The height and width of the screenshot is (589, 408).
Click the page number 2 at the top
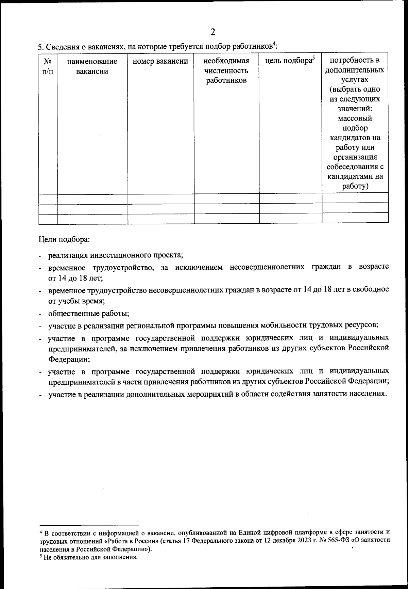coord(213,32)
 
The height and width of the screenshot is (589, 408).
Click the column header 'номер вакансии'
coord(160,61)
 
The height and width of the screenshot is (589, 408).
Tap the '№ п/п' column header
coord(48,66)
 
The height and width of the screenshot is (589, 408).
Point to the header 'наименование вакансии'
coord(92,66)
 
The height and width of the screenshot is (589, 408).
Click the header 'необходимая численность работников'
coord(226,71)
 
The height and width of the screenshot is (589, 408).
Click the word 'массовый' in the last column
coord(355,118)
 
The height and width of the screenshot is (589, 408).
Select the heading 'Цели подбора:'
coord(64,239)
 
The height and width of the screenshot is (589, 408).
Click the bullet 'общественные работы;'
coord(88,313)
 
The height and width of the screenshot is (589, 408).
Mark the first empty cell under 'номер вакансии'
coord(160,199)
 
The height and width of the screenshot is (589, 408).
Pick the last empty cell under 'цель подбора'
coord(290,219)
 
